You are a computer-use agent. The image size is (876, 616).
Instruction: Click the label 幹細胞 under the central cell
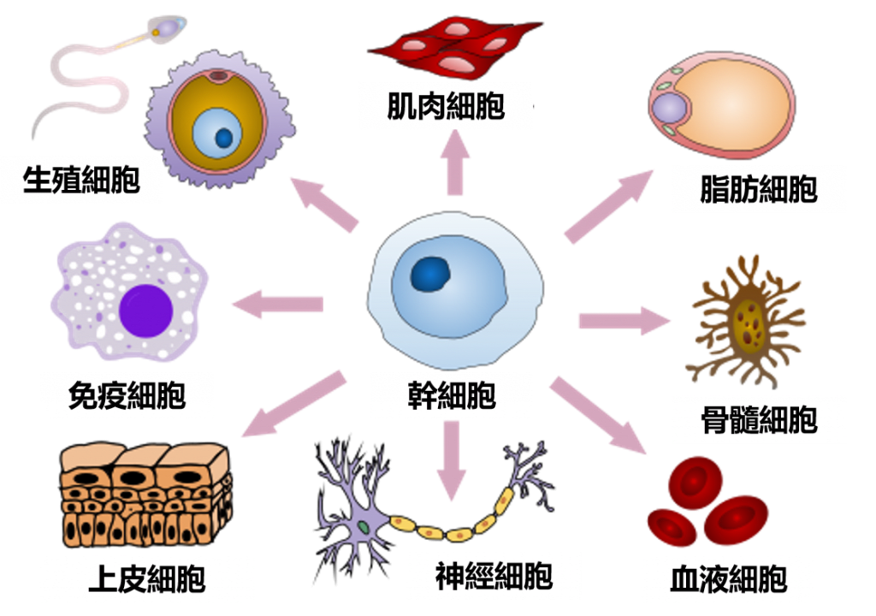[451, 397]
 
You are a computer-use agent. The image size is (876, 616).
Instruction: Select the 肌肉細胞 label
[445, 106]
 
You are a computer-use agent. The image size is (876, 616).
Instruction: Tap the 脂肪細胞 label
[758, 189]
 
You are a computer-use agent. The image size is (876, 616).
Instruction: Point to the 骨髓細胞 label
[758, 420]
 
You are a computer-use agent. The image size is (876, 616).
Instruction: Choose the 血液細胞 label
[728, 579]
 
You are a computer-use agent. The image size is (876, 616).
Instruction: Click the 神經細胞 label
[494, 576]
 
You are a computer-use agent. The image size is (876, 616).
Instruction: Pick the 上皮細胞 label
[146, 579]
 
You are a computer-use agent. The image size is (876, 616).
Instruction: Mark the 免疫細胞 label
[127, 395]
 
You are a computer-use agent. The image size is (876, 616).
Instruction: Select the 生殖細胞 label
[80, 180]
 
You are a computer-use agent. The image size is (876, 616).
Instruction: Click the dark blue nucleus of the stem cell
[431, 274]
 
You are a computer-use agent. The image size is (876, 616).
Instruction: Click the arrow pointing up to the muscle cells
[454, 165]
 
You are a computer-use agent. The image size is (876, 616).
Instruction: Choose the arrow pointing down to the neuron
[452, 462]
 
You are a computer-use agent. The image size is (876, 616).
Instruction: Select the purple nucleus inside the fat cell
[669, 109]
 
